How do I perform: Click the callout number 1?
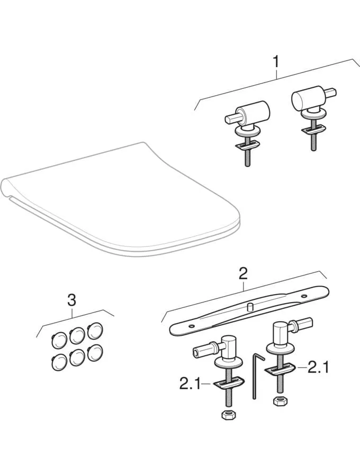point(275,61)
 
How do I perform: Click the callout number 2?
point(243,273)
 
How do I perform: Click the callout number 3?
point(71,300)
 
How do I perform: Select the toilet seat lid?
point(122,201)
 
